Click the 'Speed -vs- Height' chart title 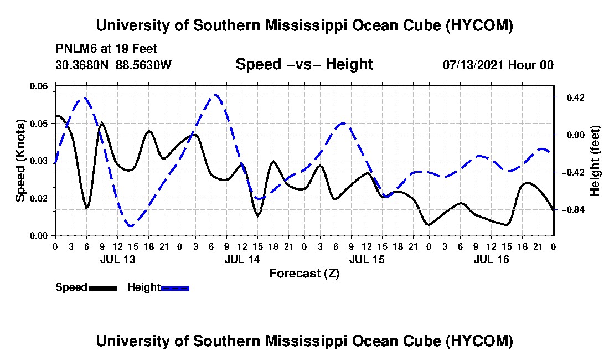pyautogui.click(x=304, y=64)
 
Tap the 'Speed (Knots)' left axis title pyautogui.click(x=20, y=161)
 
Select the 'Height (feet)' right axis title pyautogui.click(x=595, y=161)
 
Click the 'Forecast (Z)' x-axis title pyautogui.click(x=304, y=274)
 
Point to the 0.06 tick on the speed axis pyautogui.click(x=38, y=86)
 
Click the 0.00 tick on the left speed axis pyautogui.click(x=38, y=235)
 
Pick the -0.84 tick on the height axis pyautogui.click(x=573, y=210)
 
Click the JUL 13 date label pyautogui.click(x=118, y=259)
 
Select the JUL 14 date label pyautogui.click(x=242, y=259)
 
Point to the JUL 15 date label pyautogui.click(x=367, y=259)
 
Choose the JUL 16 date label pyautogui.click(x=491, y=259)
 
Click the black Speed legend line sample pyautogui.click(x=103, y=288)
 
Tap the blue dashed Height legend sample pyautogui.click(x=175, y=288)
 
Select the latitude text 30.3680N pyautogui.click(x=82, y=65)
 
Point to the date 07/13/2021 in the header pyautogui.click(x=473, y=65)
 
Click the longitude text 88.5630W pyautogui.click(x=143, y=65)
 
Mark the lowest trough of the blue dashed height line pyautogui.click(x=131, y=225)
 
